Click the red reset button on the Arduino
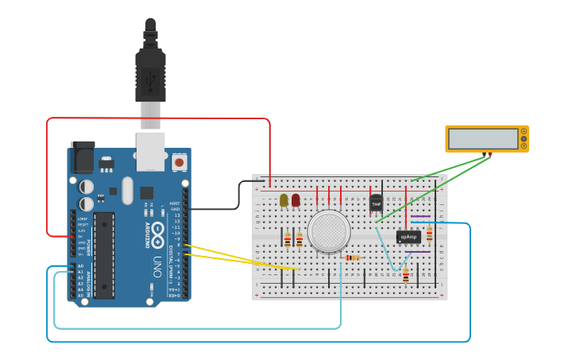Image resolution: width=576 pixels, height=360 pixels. [179, 162]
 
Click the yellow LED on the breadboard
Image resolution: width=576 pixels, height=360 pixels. [284, 199]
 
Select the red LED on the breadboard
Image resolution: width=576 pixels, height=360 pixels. [296, 199]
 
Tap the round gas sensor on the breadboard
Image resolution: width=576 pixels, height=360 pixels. [329, 230]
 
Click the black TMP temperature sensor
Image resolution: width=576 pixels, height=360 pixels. [376, 203]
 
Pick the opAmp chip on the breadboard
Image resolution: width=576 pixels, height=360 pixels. [408, 236]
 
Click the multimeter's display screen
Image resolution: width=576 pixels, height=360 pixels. [482, 138]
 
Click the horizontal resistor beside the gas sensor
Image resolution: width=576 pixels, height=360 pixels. [352, 257]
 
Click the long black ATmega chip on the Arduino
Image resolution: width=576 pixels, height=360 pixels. [103, 255]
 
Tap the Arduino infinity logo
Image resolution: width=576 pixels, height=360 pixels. [157, 234]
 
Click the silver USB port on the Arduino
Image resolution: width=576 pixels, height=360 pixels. [150, 151]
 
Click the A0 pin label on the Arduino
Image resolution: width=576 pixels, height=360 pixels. [80, 266]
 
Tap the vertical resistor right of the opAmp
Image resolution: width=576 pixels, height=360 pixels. [429, 234]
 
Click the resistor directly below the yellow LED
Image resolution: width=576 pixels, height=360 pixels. [287, 239]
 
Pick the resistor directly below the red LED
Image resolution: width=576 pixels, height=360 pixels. [299, 239]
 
